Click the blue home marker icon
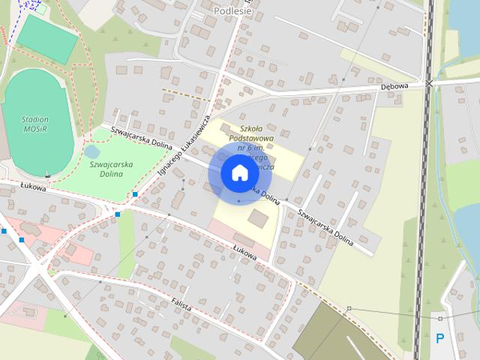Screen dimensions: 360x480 [238, 173]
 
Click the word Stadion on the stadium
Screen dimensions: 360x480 [34, 119]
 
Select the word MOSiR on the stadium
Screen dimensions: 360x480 [34, 129]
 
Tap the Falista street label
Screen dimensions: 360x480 [181, 306]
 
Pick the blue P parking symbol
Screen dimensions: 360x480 [440, 337]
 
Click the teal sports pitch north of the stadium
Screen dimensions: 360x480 [47, 37]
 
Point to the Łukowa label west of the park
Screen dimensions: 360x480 [34, 188]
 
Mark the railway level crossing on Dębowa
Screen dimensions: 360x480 [429, 83]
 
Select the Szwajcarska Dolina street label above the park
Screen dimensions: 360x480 [142, 136]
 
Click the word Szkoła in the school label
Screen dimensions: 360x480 [253, 128]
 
